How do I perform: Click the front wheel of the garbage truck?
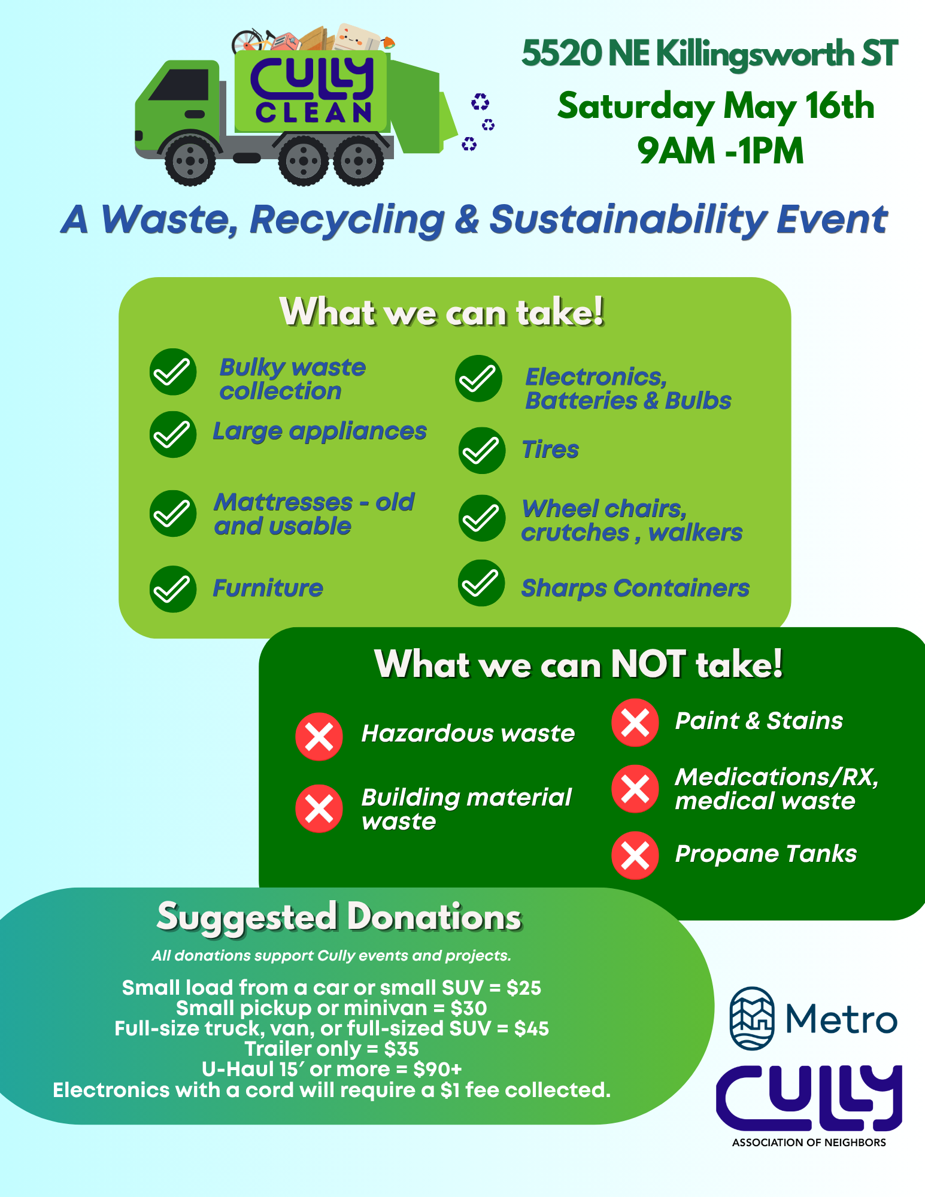coord(190,160)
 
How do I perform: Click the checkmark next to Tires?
coord(481,451)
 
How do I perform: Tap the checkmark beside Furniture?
coord(173,589)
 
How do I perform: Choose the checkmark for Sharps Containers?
coord(481,583)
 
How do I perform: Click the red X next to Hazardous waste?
coord(319,736)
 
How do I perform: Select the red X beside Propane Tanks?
coord(635,855)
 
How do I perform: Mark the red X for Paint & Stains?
coord(635,722)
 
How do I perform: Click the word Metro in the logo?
coord(841,1019)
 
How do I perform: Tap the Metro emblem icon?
coord(752,1018)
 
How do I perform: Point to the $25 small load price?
coord(523,988)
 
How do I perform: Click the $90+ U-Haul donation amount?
coord(437,1069)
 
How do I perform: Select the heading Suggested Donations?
coord(339,917)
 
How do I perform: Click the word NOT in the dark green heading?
coord(647,664)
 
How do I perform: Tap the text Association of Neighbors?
coord(809,1143)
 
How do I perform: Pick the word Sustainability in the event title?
coord(628,220)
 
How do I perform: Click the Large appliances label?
coord(320,432)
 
